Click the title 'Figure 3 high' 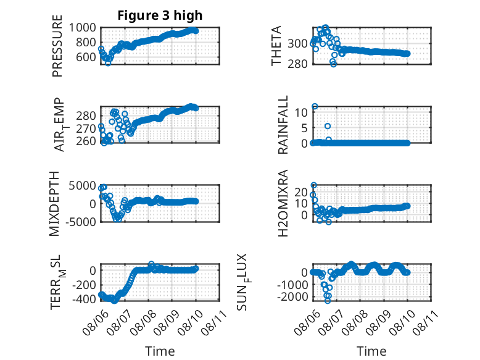(x=160, y=15)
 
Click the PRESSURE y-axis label (x=57, y=46)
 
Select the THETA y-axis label (x=276, y=46)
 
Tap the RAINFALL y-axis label (x=283, y=125)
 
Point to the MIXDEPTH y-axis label (x=54, y=204)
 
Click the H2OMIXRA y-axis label (x=283, y=203)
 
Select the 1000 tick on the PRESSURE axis (x=82, y=28)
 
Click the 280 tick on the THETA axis (x=297, y=64)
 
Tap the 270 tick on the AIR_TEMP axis (x=86, y=128)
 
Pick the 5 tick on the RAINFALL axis (x=304, y=128)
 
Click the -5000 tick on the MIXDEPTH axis (x=81, y=222)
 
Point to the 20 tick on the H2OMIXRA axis (x=301, y=192)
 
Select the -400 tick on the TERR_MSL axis (x=84, y=299)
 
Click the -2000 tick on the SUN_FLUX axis (x=292, y=296)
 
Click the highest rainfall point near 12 (x=315, y=106)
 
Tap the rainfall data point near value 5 (x=328, y=126)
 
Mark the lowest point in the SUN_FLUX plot (x=328, y=301)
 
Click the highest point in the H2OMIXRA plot (x=314, y=185)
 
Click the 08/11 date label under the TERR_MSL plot (x=214, y=322)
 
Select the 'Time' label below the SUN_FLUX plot (x=371, y=351)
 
